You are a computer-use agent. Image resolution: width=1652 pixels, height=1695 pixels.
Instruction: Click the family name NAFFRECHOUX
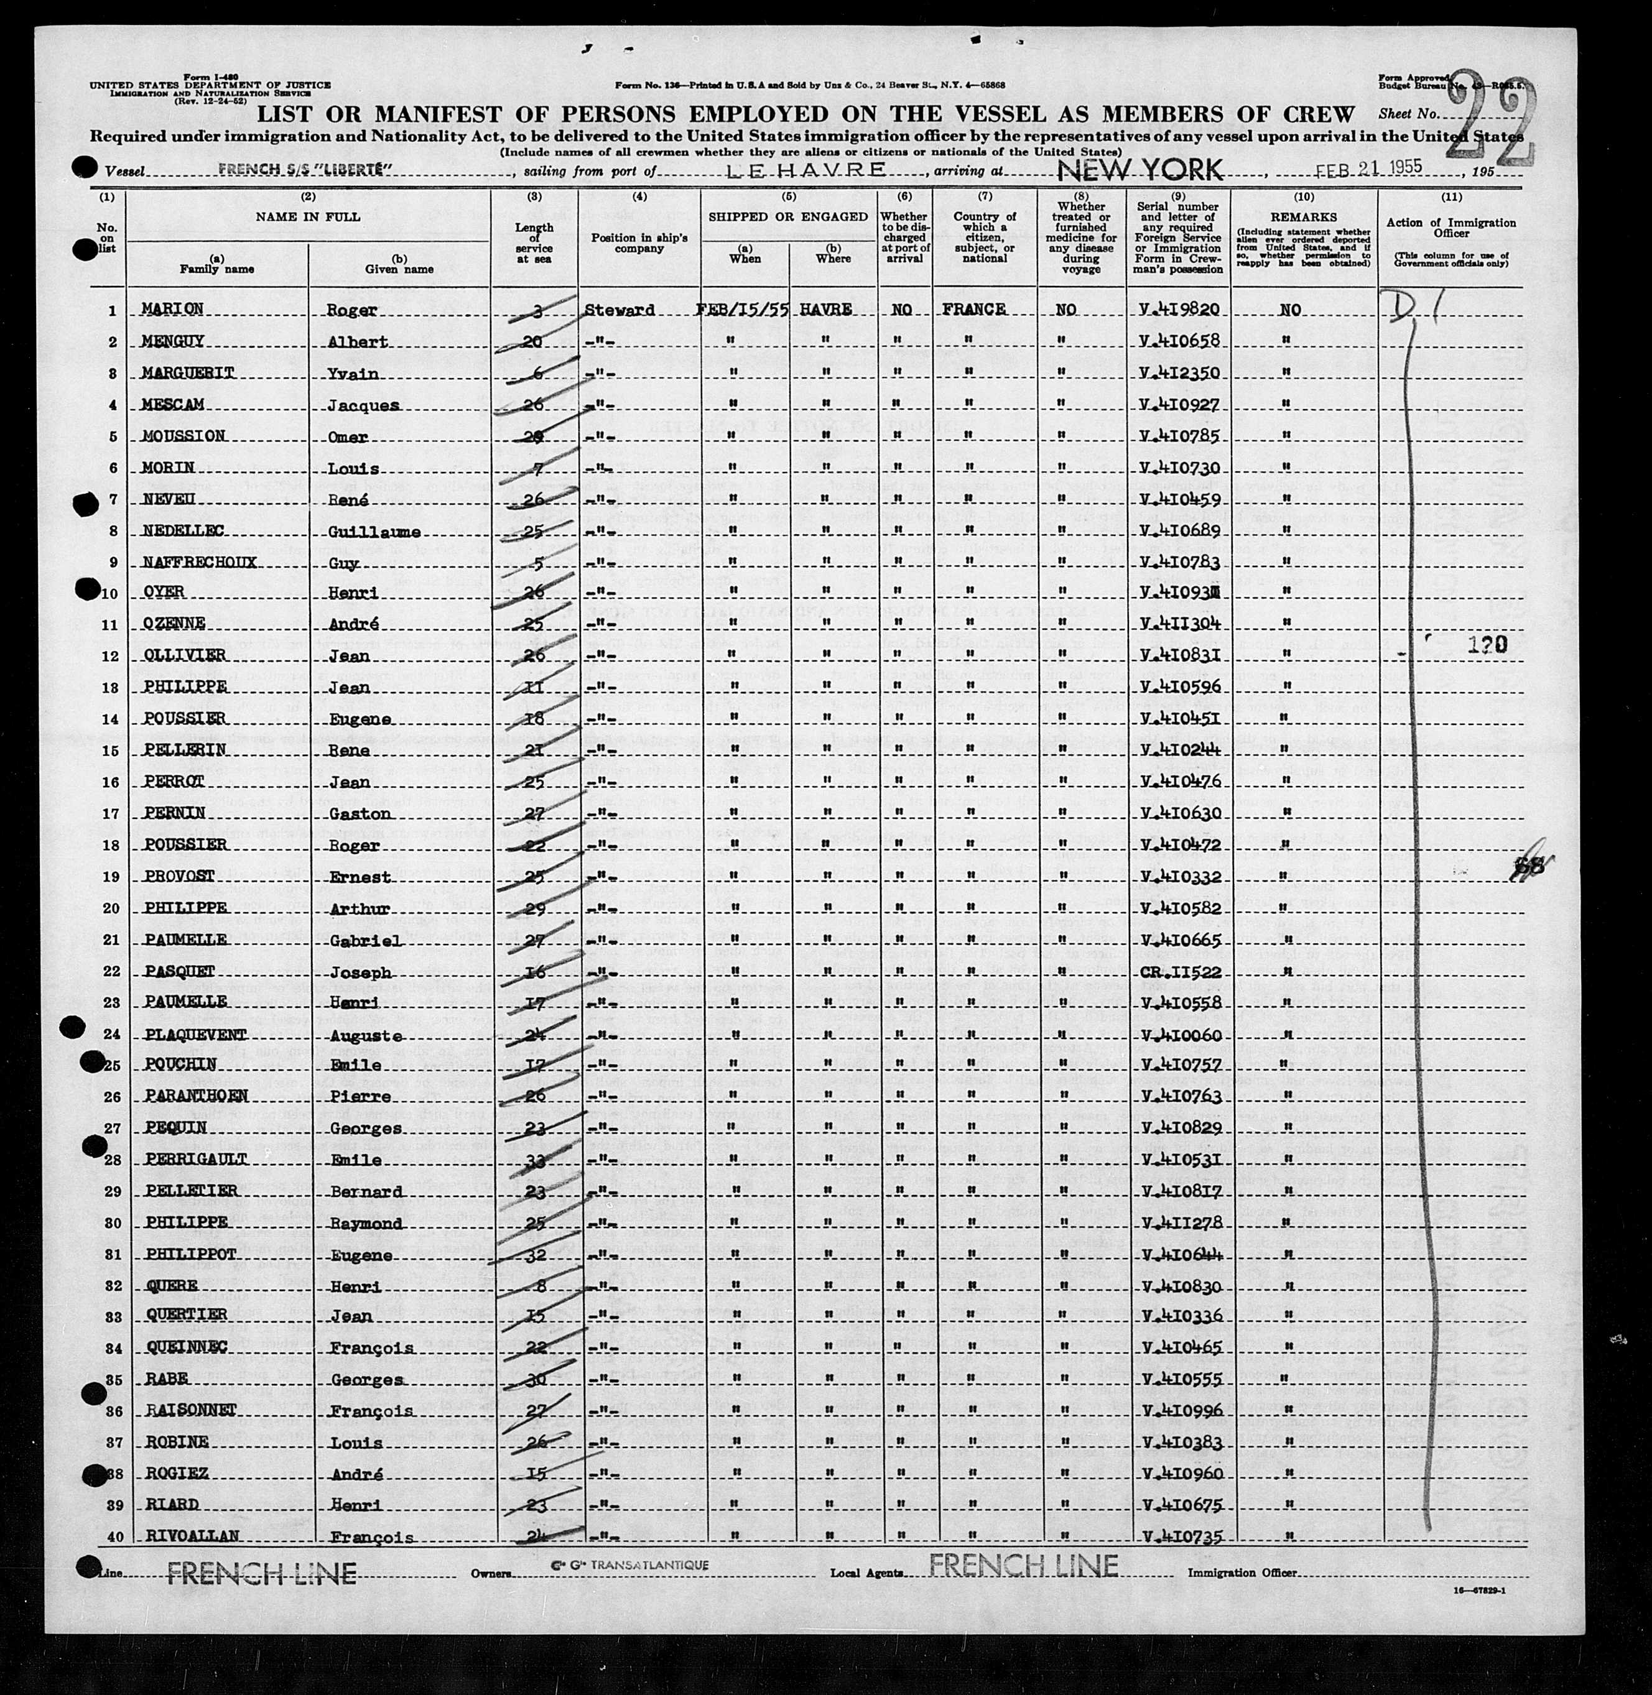pos(198,562)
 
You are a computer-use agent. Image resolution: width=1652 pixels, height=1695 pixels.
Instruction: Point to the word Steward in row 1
pos(619,310)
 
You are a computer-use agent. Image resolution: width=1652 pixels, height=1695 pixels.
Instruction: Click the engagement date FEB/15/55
pos(743,309)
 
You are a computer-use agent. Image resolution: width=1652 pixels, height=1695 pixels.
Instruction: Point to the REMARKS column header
pos(1303,217)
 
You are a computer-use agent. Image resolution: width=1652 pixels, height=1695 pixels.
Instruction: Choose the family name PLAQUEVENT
pos(193,1034)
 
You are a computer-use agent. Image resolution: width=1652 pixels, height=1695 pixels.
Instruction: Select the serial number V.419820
pos(1182,310)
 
